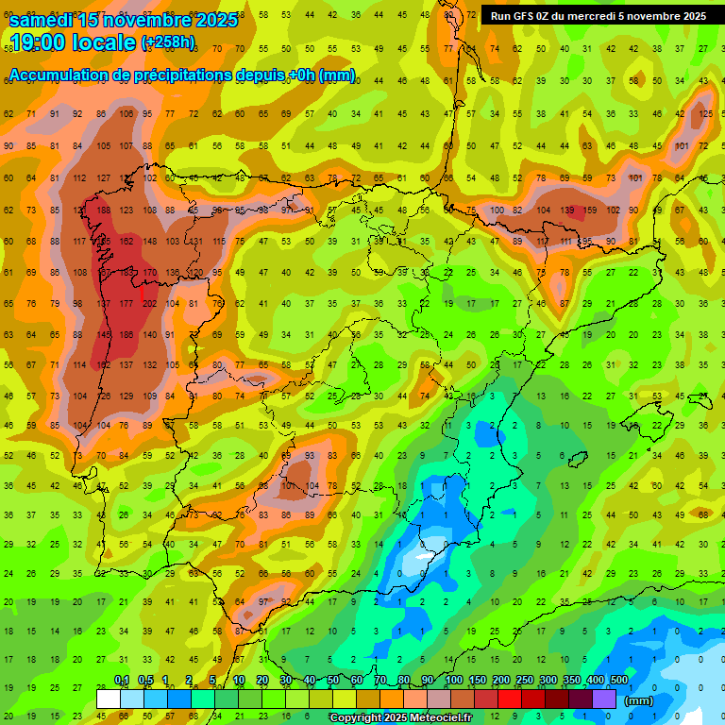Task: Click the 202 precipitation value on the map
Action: tap(149, 304)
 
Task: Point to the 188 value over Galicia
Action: tap(103, 210)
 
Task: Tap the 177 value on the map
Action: tap(126, 304)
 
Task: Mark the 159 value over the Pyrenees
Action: tap(590, 210)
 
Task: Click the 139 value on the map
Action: tap(566, 210)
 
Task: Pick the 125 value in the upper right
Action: tap(705, 114)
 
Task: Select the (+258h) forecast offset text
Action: tap(168, 42)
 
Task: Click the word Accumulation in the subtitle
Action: tap(58, 75)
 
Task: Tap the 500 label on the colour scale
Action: tap(618, 681)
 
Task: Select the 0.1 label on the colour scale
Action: tap(122, 681)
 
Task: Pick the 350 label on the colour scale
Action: tap(571, 681)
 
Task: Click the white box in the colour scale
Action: tap(109, 700)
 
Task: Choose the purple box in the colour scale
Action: tap(604, 700)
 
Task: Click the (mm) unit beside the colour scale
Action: tap(639, 700)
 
